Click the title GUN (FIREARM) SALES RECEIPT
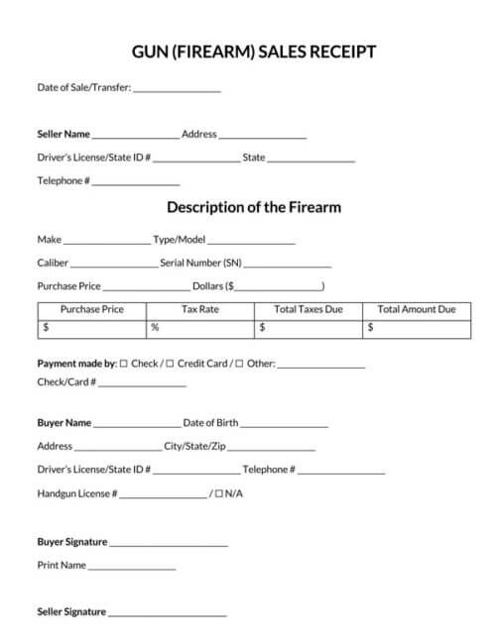254,53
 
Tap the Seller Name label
63,134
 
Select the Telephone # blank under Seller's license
136,182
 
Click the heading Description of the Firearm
254,208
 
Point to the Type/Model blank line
251,241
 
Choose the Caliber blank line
114,265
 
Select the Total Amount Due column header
417,309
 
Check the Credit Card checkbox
170,364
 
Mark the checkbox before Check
123,364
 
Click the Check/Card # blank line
142,383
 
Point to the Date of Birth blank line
284,424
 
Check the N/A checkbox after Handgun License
218,493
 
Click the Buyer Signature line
169,544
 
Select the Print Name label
62,566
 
